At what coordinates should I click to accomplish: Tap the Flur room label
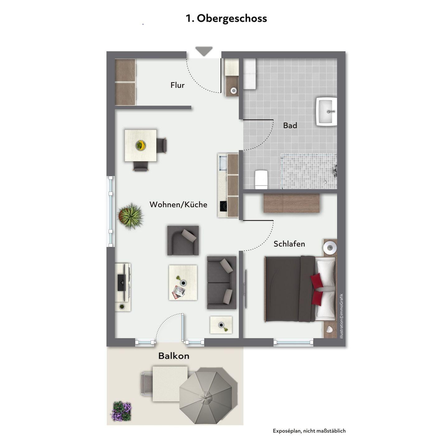[x=177, y=85]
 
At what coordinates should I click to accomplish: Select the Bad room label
[x=290, y=126]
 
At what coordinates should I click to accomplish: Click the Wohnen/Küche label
[x=178, y=204]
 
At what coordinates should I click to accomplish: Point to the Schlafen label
[x=289, y=244]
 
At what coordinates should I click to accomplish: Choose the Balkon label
[x=174, y=356]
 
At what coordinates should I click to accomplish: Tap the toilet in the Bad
[x=262, y=180]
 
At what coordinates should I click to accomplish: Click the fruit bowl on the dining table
[x=141, y=146]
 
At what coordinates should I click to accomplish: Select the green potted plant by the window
[x=130, y=216]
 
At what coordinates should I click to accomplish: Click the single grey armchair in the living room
[x=183, y=240]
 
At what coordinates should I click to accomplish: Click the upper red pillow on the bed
[x=317, y=280]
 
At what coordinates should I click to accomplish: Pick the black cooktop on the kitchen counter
[x=223, y=206]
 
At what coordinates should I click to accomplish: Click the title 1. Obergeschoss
[x=226, y=19]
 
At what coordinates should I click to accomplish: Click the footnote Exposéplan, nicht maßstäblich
[x=309, y=431]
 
